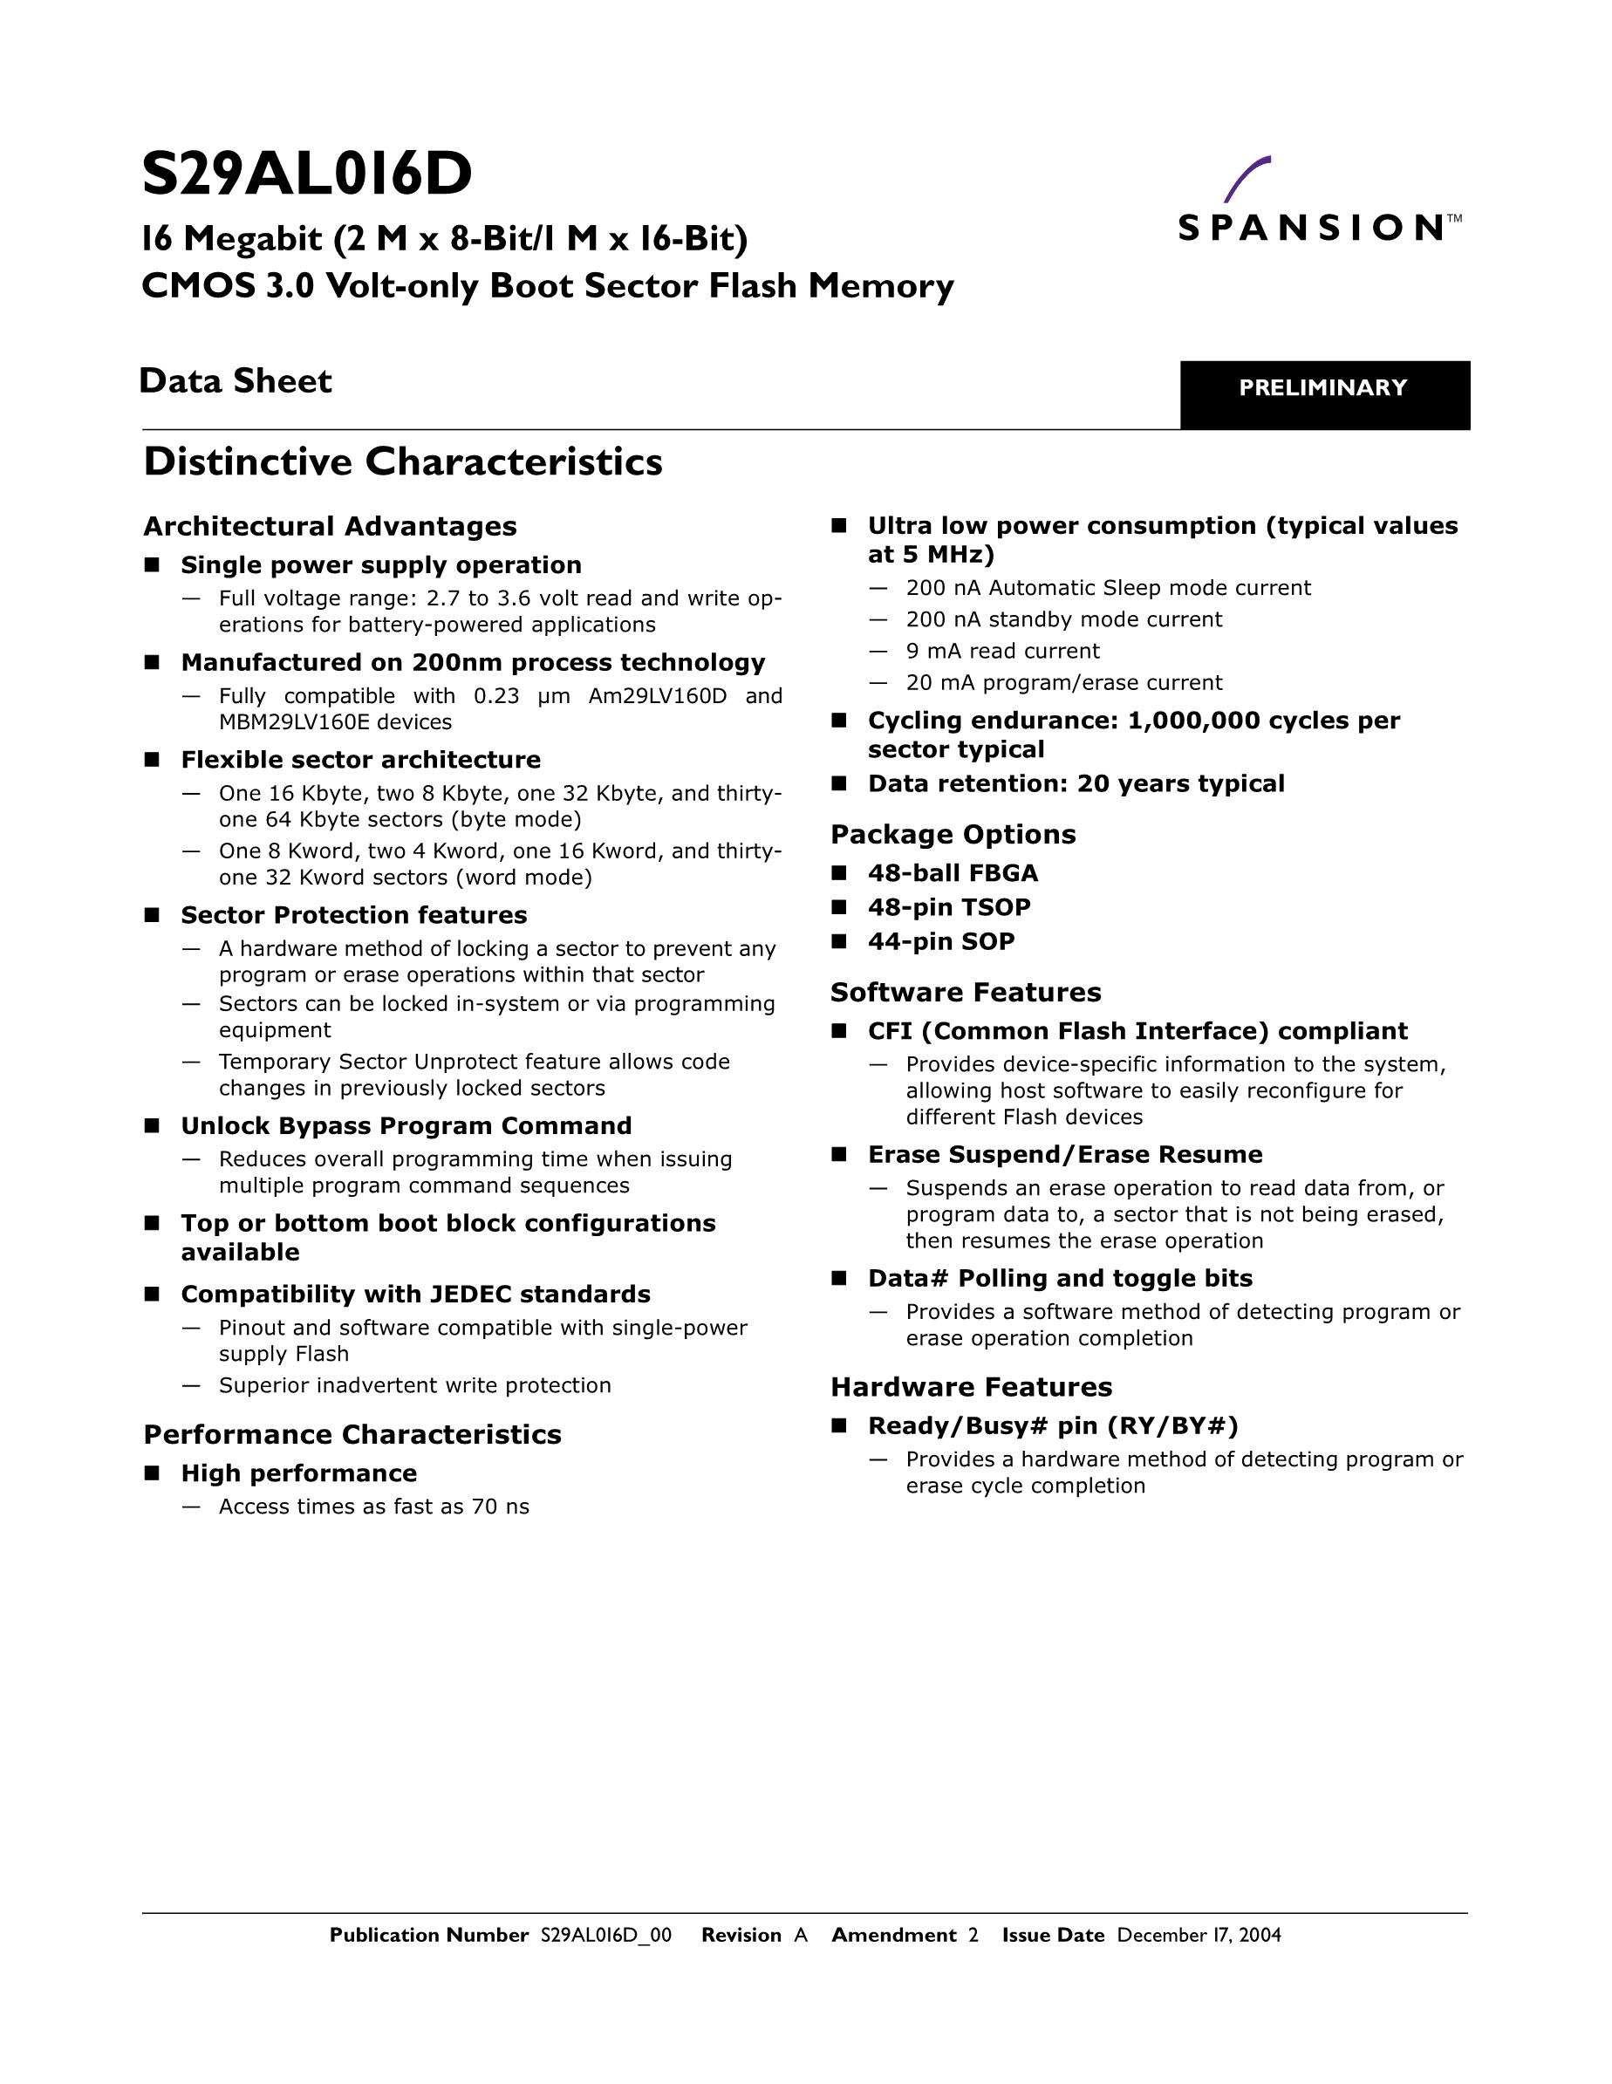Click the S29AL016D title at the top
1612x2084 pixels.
pos(306,174)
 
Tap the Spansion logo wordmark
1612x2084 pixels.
pos(1310,228)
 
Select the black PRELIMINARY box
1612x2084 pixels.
pos(1324,394)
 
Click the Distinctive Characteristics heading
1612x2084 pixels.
pos(403,461)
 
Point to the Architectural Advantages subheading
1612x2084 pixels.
pos(329,526)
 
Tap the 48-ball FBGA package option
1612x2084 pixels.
pos(953,873)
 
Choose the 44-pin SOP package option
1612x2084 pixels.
pos(940,941)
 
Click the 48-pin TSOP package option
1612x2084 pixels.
pos(949,906)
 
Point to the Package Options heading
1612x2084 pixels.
pos(953,834)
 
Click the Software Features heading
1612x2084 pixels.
pos(965,993)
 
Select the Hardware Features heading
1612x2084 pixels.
pos(971,1386)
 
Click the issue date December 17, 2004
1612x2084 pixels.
pos(1199,1934)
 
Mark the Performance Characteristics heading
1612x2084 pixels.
pos(352,1434)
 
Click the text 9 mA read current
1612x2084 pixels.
pos(1002,651)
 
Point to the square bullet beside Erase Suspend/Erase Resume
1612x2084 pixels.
pos(839,1155)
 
